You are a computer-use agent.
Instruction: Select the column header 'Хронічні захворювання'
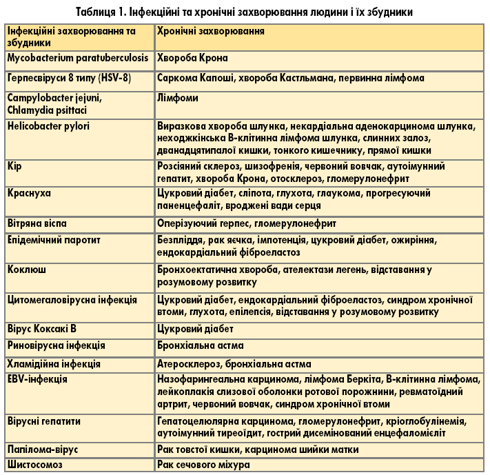211,32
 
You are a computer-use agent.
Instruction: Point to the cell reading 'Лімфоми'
177,99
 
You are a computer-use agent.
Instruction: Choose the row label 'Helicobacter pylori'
48,126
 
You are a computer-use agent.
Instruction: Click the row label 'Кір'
15,167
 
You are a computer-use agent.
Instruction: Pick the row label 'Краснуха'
30,194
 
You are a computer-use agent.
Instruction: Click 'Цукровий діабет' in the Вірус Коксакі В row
195,329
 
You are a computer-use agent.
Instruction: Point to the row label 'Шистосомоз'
35,465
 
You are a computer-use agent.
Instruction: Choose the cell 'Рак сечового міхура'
203,465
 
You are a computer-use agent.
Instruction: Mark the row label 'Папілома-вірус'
43,449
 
